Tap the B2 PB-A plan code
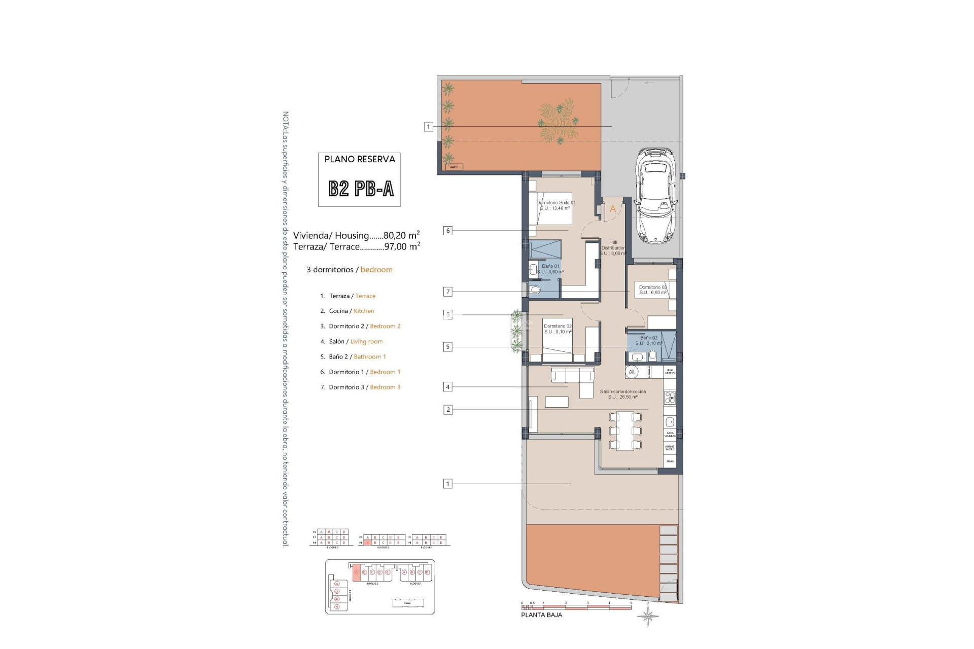click(x=361, y=189)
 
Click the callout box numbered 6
click(x=447, y=231)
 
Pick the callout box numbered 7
click(x=447, y=292)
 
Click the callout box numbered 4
click(x=447, y=387)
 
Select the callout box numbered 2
click(x=447, y=410)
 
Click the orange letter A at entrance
click(x=613, y=209)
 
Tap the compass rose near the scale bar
click(x=648, y=617)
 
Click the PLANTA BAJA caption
click(x=541, y=615)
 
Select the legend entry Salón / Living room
click(x=355, y=341)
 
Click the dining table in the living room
click(x=624, y=431)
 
